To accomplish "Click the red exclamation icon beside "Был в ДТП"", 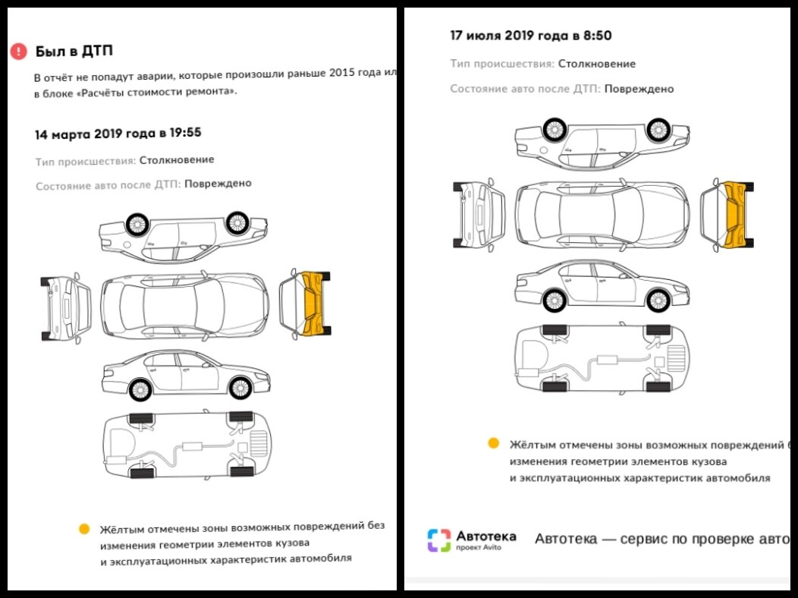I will pyautogui.click(x=18, y=52).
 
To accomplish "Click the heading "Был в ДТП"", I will pyautogui.click(x=74, y=52).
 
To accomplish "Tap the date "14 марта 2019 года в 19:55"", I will pyautogui.click(x=118, y=134).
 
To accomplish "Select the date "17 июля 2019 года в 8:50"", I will pyautogui.click(x=531, y=36).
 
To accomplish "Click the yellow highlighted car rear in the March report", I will pyautogui.click(x=312, y=303).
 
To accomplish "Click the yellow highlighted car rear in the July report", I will pyautogui.click(x=733, y=215).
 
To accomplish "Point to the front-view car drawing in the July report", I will pyautogui.click(x=479, y=216).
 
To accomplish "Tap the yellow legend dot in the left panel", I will pyautogui.click(x=84, y=528).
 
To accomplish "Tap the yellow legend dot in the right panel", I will pyautogui.click(x=493, y=443).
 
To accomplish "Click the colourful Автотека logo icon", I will pyautogui.click(x=439, y=540).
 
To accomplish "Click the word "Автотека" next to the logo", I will pyautogui.click(x=485, y=536).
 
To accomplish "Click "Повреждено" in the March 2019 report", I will pyautogui.click(x=218, y=184).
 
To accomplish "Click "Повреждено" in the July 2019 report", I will pyautogui.click(x=639, y=89).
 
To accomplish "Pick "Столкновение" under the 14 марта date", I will pyautogui.click(x=177, y=160).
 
